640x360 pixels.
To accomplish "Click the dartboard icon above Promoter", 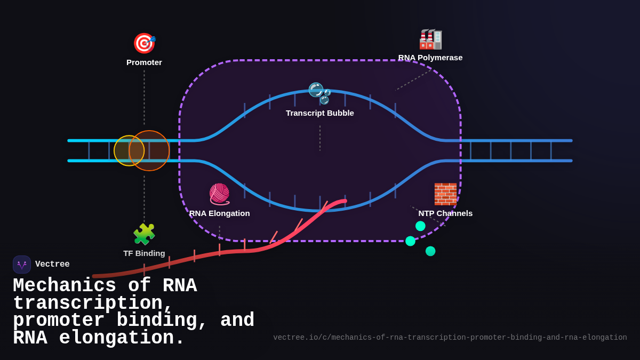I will [x=144, y=43].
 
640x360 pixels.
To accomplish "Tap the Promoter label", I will [x=144, y=62].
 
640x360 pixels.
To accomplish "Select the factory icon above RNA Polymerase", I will [x=430, y=39].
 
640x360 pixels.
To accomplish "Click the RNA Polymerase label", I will [x=430, y=58].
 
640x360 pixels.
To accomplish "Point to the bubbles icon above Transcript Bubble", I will [x=319, y=93].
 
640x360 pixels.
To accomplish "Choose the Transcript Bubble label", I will [x=319, y=113].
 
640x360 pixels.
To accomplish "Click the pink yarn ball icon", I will [x=219, y=194].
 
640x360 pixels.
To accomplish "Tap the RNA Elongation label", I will [x=219, y=213].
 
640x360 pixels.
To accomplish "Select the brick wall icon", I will [x=445, y=194].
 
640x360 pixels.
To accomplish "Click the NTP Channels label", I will [x=445, y=213].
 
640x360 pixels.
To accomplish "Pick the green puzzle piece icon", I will [x=144, y=234].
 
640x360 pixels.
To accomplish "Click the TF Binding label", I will [x=144, y=253].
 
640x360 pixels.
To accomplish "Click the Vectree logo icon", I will [x=22, y=265].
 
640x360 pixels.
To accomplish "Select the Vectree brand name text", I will [x=52, y=265].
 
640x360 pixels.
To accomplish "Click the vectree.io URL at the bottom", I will [x=450, y=338].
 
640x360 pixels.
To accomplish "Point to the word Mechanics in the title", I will [x=65, y=286].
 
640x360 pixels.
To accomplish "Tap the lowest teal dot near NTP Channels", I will [x=430, y=251].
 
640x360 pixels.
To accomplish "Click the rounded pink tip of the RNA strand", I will [x=344, y=201].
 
